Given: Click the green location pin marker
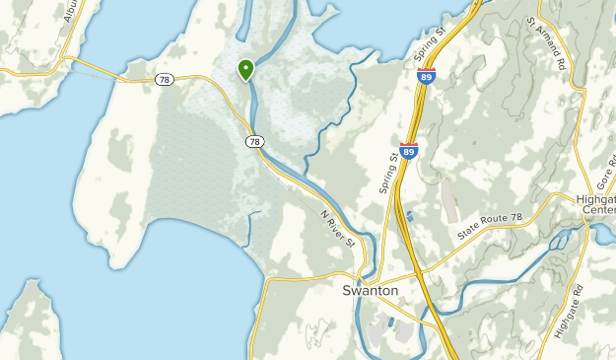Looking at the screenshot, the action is pyautogui.click(x=244, y=70).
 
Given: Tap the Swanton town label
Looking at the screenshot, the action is pyautogui.click(x=370, y=291).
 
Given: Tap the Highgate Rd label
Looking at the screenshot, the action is pyautogui.click(x=569, y=312).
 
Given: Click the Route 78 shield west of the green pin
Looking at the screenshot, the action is pyautogui.click(x=165, y=79).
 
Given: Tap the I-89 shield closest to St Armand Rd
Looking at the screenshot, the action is pyautogui.click(x=423, y=76).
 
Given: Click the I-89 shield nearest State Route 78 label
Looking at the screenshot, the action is pyautogui.click(x=409, y=150).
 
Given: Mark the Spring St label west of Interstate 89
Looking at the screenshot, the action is pyautogui.click(x=390, y=171).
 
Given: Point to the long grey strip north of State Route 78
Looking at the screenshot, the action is pyautogui.click(x=448, y=197).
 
